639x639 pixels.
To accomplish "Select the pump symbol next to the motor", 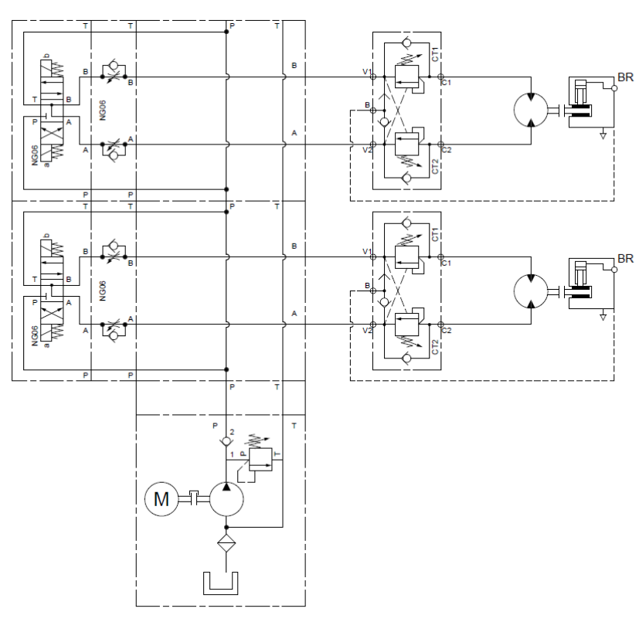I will pyautogui.click(x=226, y=499).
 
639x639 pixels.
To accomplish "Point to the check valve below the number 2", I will pyautogui.click(x=226, y=442).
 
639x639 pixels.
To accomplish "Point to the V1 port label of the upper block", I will pyautogui.click(x=368, y=71).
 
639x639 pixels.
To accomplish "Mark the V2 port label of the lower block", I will pyautogui.click(x=368, y=331).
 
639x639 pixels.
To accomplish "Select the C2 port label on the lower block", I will pyautogui.click(x=446, y=330).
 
